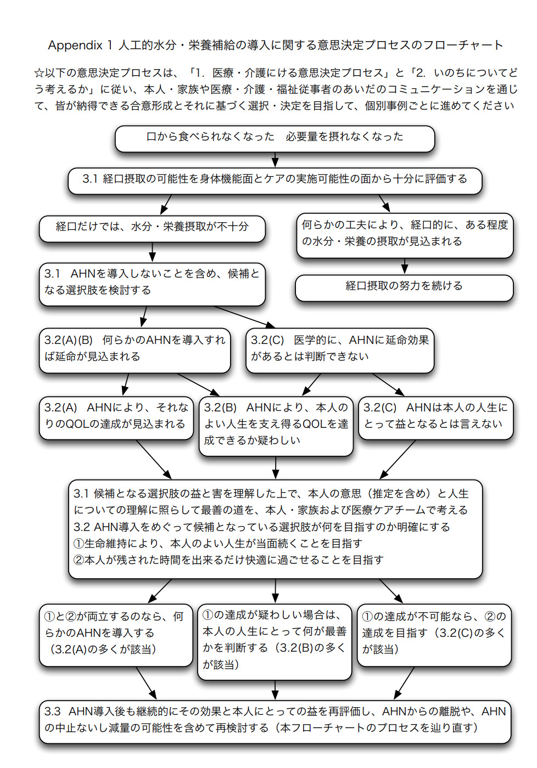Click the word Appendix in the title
pyautogui.click(x=75, y=46)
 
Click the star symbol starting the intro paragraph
pyautogui.click(x=39, y=73)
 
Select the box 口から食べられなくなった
pyautogui.click(x=275, y=139)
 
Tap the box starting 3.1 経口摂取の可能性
pyautogui.click(x=275, y=181)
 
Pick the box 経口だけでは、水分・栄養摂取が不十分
pyautogui.click(x=152, y=229)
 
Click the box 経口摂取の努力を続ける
pyautogui.click(x=404, y=288)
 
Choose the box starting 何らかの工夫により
pyautogui.click(x=405, y=235)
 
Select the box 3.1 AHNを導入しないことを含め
pyautogui.click(x=152, y=284)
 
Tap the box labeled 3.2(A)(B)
pyautogui.click(x=135, y=351)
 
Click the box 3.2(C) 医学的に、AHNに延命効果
pyautogui.click(x=340, y=351)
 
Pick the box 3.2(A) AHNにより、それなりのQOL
pyautogui.click(x=116, y=418)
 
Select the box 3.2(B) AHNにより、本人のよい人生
pyautogui.click(x=276, y=426)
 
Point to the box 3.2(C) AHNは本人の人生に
pyautogui.click(x=436, y=418)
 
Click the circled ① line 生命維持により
pyautogui.click(x=218, y=544)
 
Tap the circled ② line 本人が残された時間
pyautogui.click(x=228, y=560)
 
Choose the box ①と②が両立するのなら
pyautogui.click(x=116, y=635)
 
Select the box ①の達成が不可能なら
pyautogui.click(x=434, y=635)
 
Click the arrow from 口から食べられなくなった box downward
pyautogui.click(x=275, y=160)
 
